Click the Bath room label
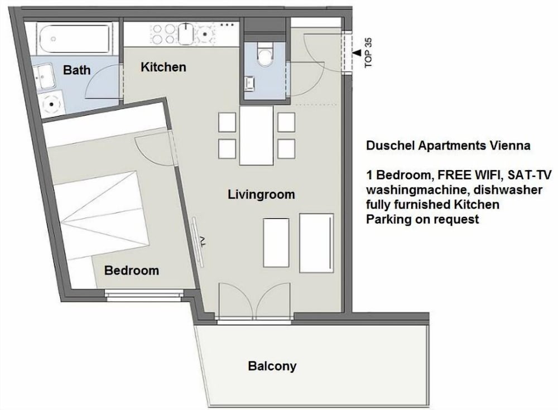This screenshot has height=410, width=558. tap(76, 70)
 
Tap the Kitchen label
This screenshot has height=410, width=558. tap(163, 67)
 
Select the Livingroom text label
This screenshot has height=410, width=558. tap(261, 194)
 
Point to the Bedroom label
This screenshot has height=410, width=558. tap(132, 271)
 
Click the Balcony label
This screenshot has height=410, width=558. tap(272, 366)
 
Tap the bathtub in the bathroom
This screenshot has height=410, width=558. tap(75, 38)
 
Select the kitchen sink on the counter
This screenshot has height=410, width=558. tap(186, 34)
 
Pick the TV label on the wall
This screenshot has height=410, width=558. tap(203, 242)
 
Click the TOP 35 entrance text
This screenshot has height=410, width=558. tap(368, 52)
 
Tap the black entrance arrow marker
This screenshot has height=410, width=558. tap(357, 52)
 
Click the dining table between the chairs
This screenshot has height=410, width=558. tap(256, 136)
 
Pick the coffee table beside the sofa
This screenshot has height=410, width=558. tap(276, 243)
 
